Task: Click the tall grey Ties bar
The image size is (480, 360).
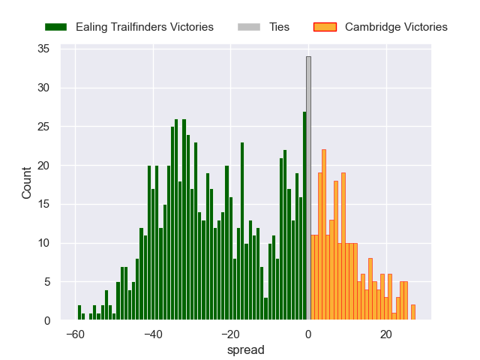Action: tap(308, 187)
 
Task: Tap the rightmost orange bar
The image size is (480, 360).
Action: tap(413, 313)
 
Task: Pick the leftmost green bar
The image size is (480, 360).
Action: tap(79, 313)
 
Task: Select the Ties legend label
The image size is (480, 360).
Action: tap(279, 27)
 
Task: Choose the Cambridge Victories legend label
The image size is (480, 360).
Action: tap(396, 27)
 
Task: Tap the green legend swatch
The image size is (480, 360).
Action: tap(56, 27)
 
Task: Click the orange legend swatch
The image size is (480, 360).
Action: tap(325, 27)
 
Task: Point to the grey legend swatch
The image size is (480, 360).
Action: tap(249, 27)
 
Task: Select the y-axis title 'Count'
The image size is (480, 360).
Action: tap(27, 183)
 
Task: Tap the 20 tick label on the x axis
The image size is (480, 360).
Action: tap(386, 334)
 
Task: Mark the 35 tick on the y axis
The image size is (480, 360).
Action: tap(43, 49)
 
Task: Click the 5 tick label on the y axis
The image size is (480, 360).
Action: tap(46, 282)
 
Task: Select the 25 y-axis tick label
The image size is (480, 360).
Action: tap(43, 127)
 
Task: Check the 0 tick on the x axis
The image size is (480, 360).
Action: tap(308, 334)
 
